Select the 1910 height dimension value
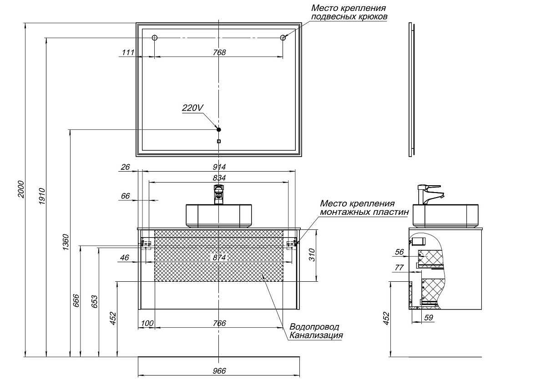42,196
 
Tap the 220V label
192,108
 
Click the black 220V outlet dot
219,130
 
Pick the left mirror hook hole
154,38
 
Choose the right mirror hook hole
283,38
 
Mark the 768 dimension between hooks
219,52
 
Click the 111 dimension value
128,52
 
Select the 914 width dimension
219,167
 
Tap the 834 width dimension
219,178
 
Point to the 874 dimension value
219,258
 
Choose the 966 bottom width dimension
219,371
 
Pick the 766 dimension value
219,323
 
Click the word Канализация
315,335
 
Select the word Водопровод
314,327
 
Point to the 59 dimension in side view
428,318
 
